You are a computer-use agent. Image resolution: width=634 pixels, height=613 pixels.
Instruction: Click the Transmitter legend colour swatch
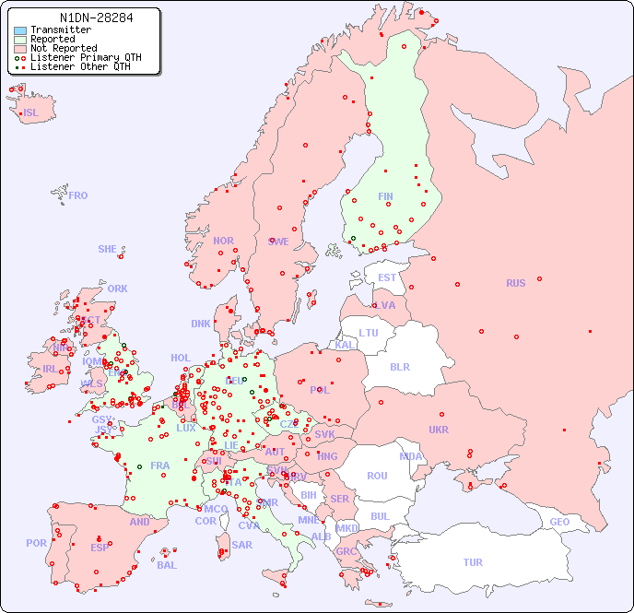[19, 30]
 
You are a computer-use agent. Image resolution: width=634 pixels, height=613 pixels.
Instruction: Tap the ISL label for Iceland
[31, 113]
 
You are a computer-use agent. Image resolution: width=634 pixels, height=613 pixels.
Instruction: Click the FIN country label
[385, 196]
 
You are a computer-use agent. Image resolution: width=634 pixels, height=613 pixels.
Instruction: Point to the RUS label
[515, 284]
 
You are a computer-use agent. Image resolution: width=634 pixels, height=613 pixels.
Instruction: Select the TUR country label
[473, 562]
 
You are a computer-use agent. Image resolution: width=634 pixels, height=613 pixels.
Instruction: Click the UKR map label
[439, 430]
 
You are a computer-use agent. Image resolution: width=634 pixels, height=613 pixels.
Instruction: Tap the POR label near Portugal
[36, 543]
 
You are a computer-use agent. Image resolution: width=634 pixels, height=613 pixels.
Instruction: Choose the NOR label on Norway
[223, 241]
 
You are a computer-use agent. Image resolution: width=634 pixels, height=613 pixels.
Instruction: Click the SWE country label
[278, 242]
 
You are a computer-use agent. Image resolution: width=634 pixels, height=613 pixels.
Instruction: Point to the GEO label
[559, 522]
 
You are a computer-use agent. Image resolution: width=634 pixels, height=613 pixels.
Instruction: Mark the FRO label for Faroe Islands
[77, 195]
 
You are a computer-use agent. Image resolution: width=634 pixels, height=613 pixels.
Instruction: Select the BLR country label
[399, 367]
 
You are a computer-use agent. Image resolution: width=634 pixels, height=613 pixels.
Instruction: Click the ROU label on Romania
[377, 476]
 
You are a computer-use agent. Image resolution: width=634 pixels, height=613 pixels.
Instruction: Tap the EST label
[387, 277]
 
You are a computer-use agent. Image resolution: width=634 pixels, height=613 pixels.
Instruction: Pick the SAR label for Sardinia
[241, 545]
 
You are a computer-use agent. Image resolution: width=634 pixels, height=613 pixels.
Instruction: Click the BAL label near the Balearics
[167, 565]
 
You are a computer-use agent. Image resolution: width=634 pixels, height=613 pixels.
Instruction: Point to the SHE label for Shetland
[108, 249]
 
